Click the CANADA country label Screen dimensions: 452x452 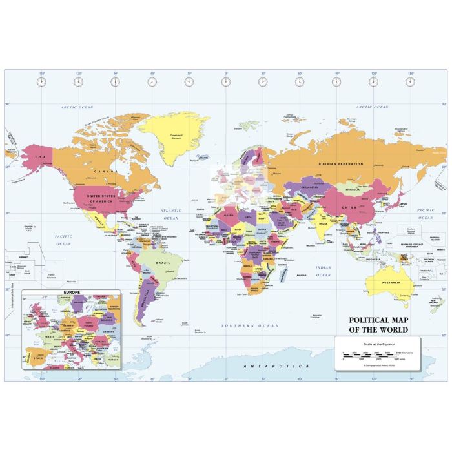[106, 171]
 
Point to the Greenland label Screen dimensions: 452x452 [174, 136]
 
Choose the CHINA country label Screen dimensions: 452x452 [349, 207]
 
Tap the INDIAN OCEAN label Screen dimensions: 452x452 [323, 271]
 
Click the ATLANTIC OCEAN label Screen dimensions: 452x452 [170, 214]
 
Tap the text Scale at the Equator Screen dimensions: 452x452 [378, 345]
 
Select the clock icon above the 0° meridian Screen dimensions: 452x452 [226, 82]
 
